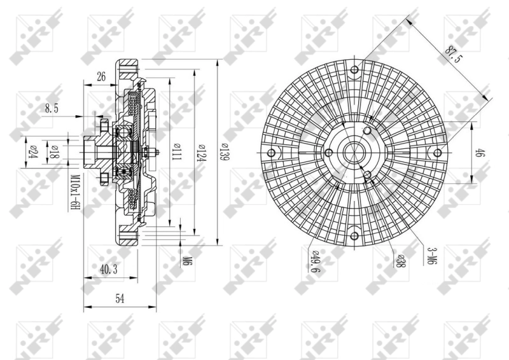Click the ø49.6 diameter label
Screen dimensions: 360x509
click(x=314, y=262)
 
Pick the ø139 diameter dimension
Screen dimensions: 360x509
click(x=224, y=153)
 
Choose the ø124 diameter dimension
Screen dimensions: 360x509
click(x=202, y=153)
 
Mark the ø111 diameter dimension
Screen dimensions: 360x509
click(x=176, y=153)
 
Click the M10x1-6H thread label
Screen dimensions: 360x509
click(x=74, y=191)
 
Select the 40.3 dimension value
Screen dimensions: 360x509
click(x=108, y=270)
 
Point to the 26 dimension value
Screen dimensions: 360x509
click(x=100, y=77)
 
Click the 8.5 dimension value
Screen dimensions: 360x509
click(x=52, y=109)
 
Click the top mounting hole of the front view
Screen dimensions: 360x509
click(x=355, y=69)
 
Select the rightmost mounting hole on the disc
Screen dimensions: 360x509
click(x=436, y=152)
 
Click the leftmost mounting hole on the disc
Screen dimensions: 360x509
click(x=272, y=153)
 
